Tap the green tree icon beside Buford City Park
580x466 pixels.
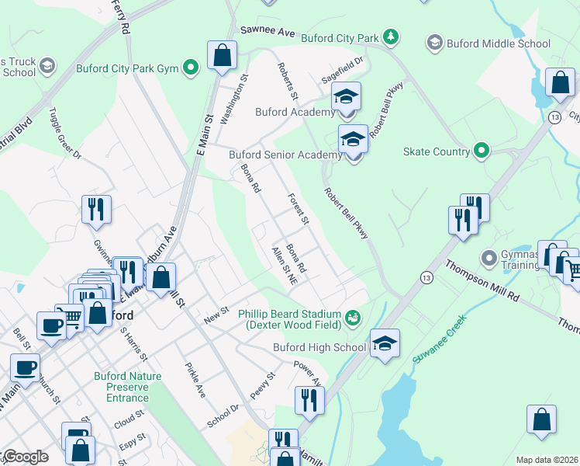[392, 37]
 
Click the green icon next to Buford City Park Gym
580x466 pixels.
[190, 68]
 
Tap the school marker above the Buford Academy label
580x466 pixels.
[346, 97]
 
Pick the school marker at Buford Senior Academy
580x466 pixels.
[353, 141]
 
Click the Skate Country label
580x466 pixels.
[437, 151]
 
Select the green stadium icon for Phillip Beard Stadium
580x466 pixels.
[354, 316]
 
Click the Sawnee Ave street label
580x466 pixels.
[268, 33]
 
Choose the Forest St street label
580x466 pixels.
[299, 210]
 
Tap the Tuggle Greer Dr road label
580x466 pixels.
[66, 134]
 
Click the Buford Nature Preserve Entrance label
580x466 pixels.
[127, 387]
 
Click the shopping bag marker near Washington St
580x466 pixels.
[223, 56]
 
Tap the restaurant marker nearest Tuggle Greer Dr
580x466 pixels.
[97, 210]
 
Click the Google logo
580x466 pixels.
[25, 457]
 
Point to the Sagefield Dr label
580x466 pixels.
[343, 71]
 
